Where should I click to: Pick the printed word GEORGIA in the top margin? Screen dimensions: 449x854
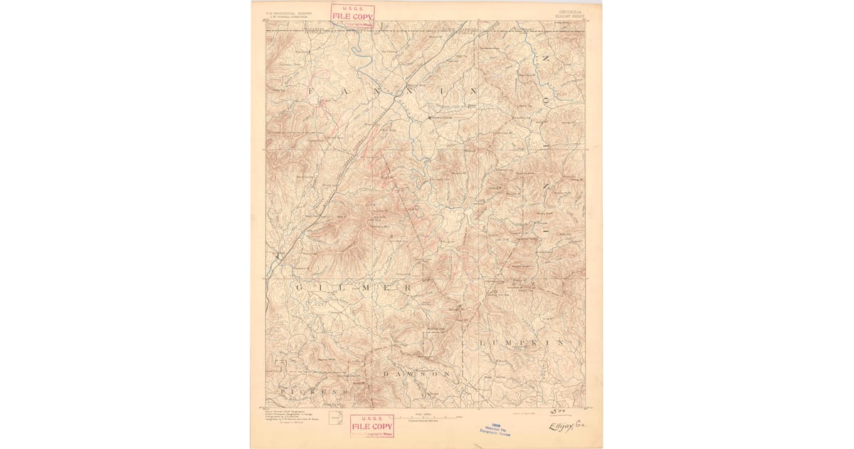(x=567, y=11)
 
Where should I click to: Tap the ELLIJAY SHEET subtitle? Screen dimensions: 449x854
(x=567, y=15)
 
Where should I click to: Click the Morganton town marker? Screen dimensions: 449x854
(x=429, y=116)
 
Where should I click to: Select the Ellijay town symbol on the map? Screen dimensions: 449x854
(x=278, y=254)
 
